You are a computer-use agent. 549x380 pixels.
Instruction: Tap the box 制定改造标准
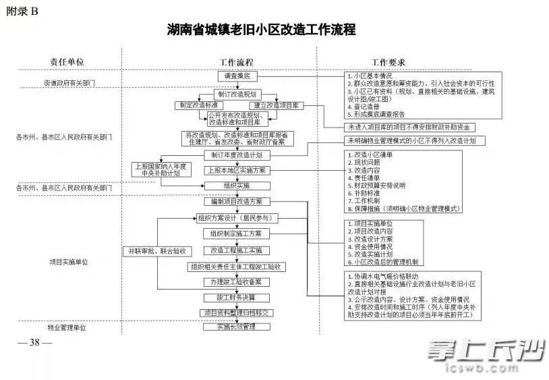[x=196, y=106]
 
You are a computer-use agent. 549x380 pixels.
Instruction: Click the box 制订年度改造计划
[x=237, y=155]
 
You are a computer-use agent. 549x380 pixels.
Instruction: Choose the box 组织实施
[x=236, y=185]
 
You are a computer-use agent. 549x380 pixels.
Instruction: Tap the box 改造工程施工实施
[x=236, y=250]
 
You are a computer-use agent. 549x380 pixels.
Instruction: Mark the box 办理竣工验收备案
[x=236, y=281]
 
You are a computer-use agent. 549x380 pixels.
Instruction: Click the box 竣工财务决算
[x=236, y=297]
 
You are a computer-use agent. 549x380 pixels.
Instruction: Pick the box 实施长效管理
[x=236, y=327]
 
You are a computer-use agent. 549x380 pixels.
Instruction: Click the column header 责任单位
[x=67, y=61]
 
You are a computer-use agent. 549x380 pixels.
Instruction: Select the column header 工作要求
[x=388, y=61]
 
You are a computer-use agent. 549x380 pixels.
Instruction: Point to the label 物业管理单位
[x=67, y=327]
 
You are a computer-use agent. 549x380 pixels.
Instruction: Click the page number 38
[x=36, y=342]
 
